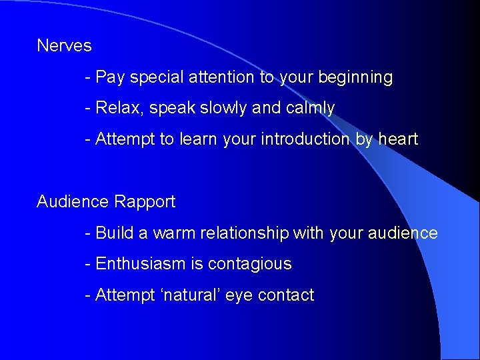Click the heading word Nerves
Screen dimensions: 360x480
[64, 46]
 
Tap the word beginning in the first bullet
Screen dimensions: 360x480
[355, 78]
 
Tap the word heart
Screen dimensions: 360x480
[398, 139]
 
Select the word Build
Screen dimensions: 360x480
[114, 233]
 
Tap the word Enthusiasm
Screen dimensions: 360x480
[141, 264]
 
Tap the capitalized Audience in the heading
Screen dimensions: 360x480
[73, 201]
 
